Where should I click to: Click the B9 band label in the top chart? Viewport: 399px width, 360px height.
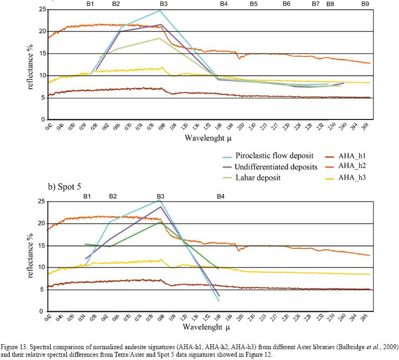[x=366, y=4]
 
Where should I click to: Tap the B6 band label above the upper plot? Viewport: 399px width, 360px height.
[x=286, y=4]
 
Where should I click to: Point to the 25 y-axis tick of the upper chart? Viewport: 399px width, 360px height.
[x=39, y=10]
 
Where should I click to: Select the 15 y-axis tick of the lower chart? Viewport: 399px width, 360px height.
[x=39, y=246]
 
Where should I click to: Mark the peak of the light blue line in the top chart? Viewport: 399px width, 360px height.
[x=160, y=10]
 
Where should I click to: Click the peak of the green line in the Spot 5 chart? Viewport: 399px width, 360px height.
[x=160, y=222]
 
